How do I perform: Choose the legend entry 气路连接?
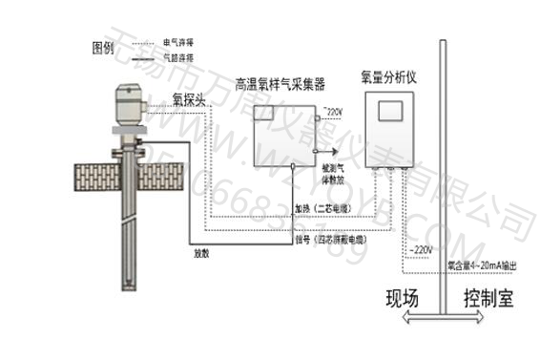tap(178, 58)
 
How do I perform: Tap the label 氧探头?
tap(190, 97)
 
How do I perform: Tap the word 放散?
tap(201, 254)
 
